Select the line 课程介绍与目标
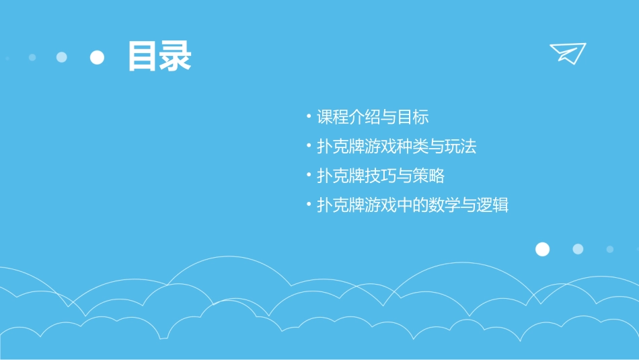tap(373, 117)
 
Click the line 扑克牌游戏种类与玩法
tap(396, 147)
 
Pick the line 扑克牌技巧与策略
tap(381, 176)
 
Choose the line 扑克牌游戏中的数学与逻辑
tap(412, 205)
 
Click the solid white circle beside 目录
tap(98, 57)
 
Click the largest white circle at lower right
tap(542, 249)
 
